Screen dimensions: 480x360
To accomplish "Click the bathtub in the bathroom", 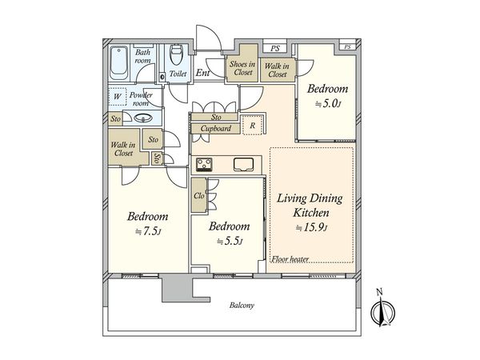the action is click(118, 63).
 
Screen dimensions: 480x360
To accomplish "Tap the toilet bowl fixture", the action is click(176, 54).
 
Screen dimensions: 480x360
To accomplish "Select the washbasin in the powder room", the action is click(143, 118).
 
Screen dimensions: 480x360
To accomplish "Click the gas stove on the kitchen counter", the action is click(205, 164).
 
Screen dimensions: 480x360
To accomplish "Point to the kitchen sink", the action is click(244, 164).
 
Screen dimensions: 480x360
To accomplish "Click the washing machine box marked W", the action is click(118, 97).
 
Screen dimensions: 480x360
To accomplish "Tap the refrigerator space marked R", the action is click(253, 126).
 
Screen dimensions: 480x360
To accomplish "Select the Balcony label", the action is click(242, 306).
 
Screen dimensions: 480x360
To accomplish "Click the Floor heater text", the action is click(290, 259).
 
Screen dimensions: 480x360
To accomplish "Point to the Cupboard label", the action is click(216, 128).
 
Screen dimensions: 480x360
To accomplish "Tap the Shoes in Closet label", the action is click(242, 68).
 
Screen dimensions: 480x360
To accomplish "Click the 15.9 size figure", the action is click(312, 227).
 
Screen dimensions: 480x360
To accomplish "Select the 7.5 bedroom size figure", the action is click(148, 231).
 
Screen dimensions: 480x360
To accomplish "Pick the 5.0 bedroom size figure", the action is click(328, 104).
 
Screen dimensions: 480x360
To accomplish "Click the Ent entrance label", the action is click(202, 73).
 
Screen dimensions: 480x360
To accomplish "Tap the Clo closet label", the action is click(199, 195).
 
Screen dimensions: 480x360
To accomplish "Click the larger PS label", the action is click(275, 48).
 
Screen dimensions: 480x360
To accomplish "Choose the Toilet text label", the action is click(178, 74).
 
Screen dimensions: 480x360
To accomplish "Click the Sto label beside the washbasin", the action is click(116, 118).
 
